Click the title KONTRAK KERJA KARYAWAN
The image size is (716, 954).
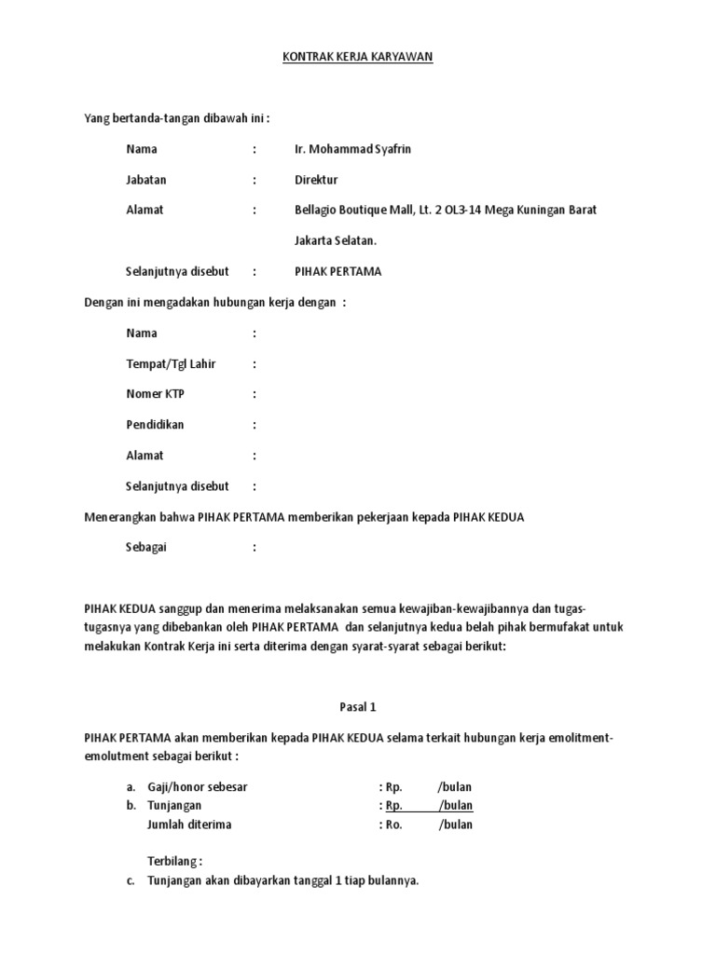tap(358, 58)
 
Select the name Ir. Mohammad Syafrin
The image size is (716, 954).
tap(352, 149)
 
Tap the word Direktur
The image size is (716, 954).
tap(316, 180)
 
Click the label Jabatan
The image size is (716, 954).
tap(145, 180)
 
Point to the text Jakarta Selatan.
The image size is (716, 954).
tap(337, 240)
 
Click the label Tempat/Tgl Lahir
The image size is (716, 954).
tap(171, 364)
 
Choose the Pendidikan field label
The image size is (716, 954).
tap(155, 425)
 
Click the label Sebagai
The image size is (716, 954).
tap(149, 548)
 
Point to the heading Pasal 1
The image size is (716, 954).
tap(358, 707)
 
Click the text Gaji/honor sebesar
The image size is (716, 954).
tap(198, 787)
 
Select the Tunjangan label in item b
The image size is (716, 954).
tap(174, 806)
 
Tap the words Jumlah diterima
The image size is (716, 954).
tap(189, 825)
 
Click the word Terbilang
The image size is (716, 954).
tap(174, 862)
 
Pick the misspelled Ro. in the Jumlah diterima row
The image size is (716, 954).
tap(394, 825)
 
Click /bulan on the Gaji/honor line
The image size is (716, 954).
tap(455, 787)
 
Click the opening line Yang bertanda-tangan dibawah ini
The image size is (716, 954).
tap(177, 118)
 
